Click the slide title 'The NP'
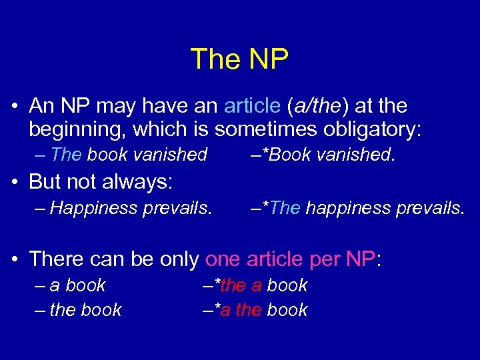click(239, 59)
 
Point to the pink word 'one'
click(224, 258)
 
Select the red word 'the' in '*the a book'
click(233, 285)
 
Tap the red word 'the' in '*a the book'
click(248, 310)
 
